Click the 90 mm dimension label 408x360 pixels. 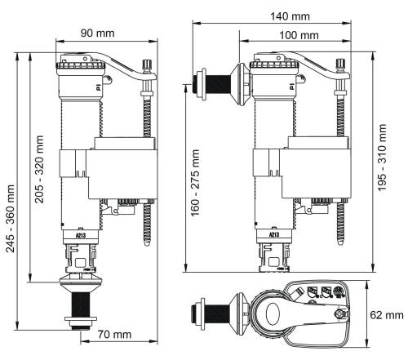[x=97, y=33]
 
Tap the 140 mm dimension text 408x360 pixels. [x=290, y=16]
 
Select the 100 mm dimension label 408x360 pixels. [x=299, y=35]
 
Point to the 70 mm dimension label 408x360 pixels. [x=114, y=334]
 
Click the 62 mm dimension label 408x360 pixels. [x=387, y=315]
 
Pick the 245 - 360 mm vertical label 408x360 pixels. [x=11, y=219]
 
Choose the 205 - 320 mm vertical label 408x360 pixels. [x=39, y=169]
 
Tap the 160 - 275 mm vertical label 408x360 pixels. [x=195, y=183]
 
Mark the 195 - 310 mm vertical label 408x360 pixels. [x=382, y=158]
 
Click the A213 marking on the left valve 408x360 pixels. [x=80, y=235]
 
